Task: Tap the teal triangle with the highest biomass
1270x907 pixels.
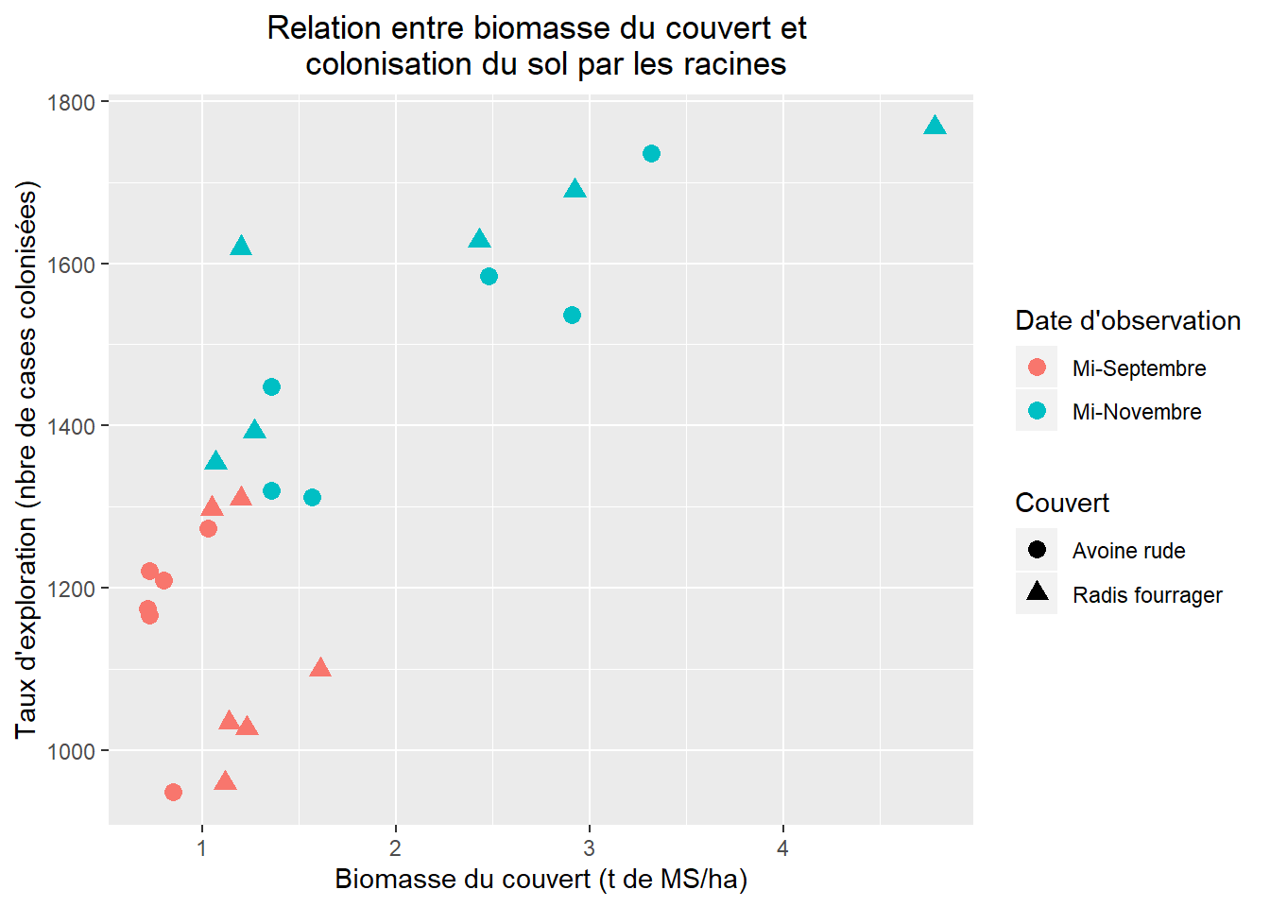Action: (935, 127)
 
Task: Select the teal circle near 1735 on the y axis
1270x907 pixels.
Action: (651, 153)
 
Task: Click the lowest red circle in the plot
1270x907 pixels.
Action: (173, 792)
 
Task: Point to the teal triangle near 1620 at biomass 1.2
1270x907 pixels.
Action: (241, 247)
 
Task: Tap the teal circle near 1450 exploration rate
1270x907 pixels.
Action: (271, 386)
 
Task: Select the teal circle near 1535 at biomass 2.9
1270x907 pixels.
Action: (572, 315)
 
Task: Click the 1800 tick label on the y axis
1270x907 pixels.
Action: (72, 102)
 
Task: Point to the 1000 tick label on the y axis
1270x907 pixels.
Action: (72, 751)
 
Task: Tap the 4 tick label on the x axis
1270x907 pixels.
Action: (782, 848)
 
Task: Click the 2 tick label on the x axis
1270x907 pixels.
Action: (395, 848)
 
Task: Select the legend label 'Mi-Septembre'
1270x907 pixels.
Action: (1139, 368)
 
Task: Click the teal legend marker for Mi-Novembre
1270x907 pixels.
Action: (1037, 411)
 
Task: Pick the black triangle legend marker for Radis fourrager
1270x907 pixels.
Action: (1037, 592)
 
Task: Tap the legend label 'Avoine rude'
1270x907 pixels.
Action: (1128, 551)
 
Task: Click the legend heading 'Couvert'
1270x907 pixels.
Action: (1062, 503)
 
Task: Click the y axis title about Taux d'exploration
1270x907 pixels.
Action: (26, 459)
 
